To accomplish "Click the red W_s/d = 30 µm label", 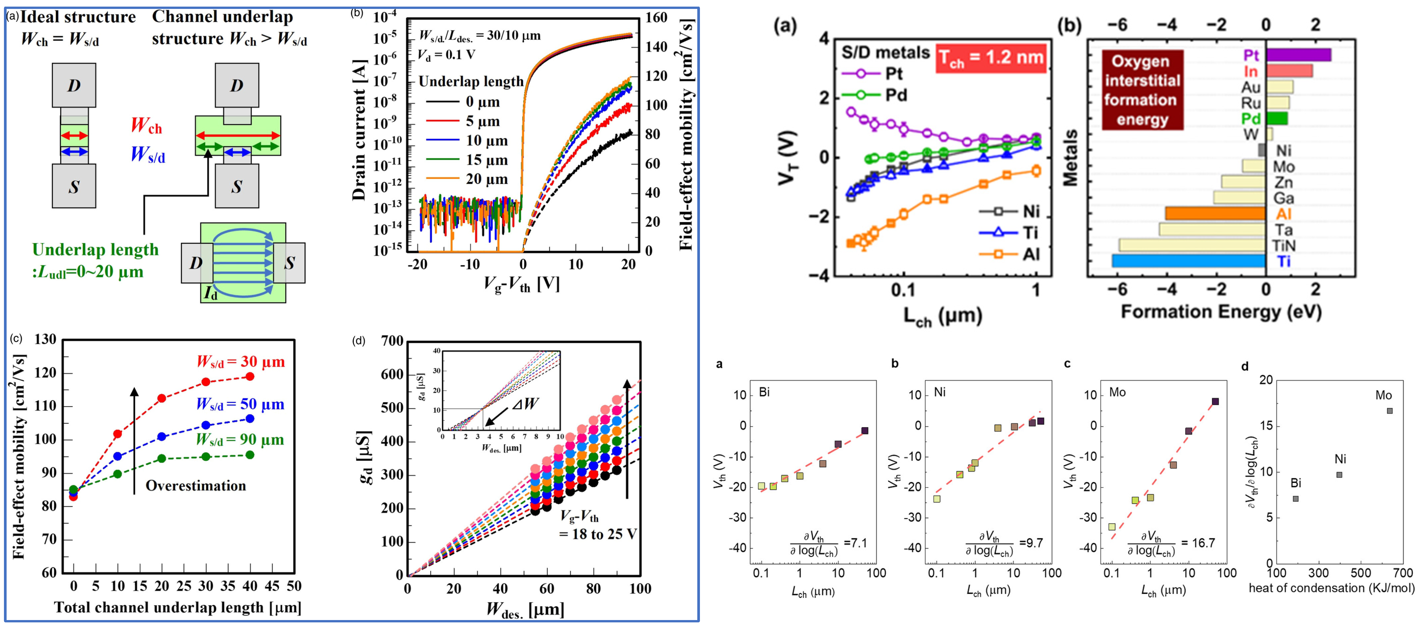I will click(x=241, y=362).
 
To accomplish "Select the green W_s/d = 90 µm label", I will click(x=240, y=440).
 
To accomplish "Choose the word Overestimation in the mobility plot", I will click(x=195, y=486).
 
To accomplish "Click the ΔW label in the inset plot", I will click(x=524, y=404).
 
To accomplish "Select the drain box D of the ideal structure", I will click(x=74, y=86).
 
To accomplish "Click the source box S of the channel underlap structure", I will click(x=237, y=186).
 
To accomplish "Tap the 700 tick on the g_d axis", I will click(x=392, y=341).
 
